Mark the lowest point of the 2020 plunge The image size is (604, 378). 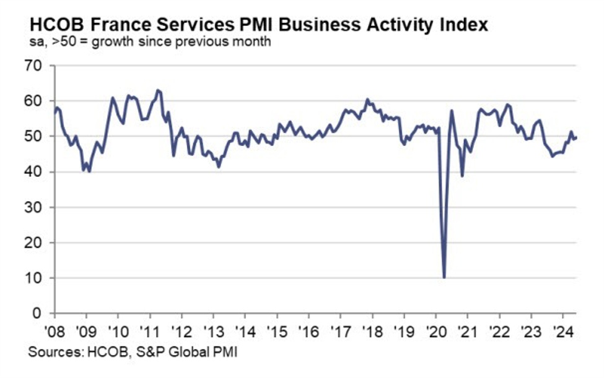point(444,278)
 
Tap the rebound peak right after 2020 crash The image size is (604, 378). point(452,111)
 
